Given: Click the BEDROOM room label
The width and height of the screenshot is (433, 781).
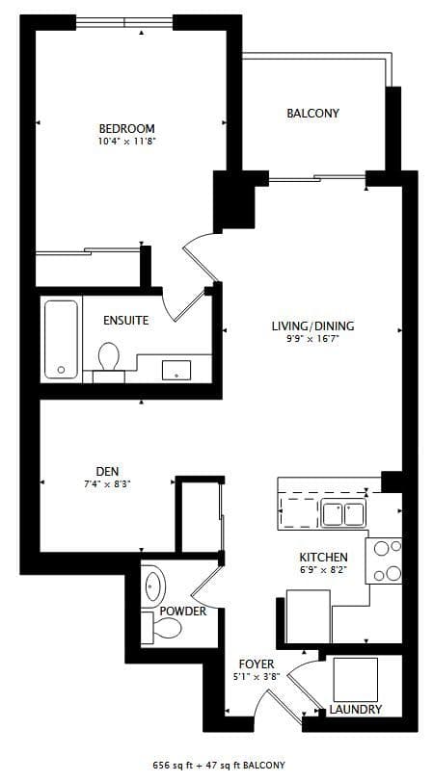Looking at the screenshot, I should (126, 128).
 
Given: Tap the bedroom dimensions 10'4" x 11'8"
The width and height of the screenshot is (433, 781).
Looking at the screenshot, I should (126, 142).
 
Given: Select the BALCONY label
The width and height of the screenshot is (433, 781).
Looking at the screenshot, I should (312, 114).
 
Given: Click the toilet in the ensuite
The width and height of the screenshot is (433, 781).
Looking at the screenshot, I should (108, 358).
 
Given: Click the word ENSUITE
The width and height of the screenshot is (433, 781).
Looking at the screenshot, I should (126, 321).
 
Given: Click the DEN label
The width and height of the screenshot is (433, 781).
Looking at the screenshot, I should (107, 471).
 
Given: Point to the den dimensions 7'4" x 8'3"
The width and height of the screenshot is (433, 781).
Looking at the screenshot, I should (107, 483).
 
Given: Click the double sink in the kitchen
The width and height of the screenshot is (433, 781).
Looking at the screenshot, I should (343, 514).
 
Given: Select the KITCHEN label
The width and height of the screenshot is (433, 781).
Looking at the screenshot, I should (323, 559).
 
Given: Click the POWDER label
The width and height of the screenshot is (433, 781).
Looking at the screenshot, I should (182, 612).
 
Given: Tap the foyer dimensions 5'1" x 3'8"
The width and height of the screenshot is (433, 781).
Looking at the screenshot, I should (257, 678).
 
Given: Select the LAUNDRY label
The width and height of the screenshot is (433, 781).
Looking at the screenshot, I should (355, 710).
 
